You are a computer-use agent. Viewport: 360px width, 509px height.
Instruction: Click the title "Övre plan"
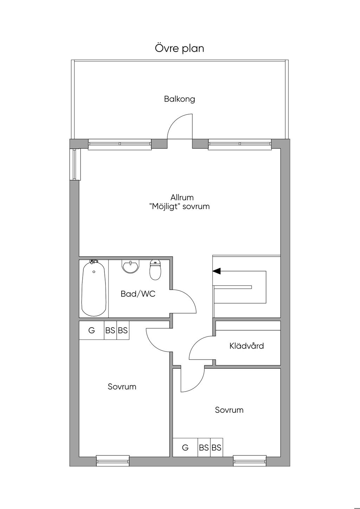pyautogui.click(x=180, y=49)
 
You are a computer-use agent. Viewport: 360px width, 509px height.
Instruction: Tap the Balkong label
pyautogui.click(x=180, y=99)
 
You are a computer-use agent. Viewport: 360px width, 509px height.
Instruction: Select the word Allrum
pyautogui.click(x=182, y=197)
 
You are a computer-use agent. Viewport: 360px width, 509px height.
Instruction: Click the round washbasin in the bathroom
pyautogui.click(x=130, y=266)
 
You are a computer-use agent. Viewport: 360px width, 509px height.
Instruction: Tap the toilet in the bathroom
pyautogui.click(x=155, y=270)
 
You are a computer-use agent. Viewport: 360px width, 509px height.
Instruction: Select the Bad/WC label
pyautogui.click(x=138, y=294)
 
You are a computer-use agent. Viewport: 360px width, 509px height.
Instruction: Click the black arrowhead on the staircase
pyautogui.click(x=217, y=271)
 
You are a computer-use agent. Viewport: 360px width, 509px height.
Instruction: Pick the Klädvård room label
pyautogui.click(x=246, y=346)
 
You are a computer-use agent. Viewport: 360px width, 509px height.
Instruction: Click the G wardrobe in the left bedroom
pyautogui.click(x=92, y=330)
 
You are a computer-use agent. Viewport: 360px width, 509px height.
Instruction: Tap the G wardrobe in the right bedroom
pyautogui.click(x=185, y=447)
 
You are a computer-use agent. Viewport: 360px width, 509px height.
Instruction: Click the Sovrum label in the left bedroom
pyautogui.click(x=122, y=387)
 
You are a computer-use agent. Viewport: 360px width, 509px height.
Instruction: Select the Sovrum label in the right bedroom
pyautogui.click(x=229, y=410)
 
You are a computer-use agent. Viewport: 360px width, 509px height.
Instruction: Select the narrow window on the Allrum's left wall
pyautogui.click(x=75, y=165)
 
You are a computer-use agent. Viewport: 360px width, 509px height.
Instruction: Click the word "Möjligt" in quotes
pyautogui.click(x=165, y=207)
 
